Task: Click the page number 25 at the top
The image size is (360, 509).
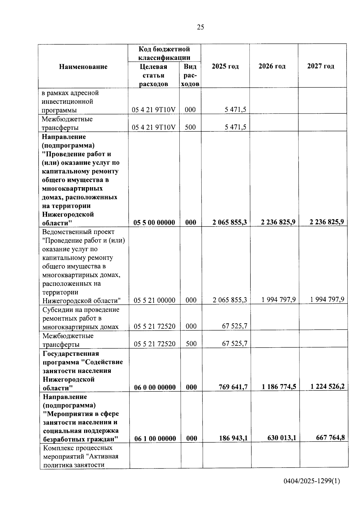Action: click(x=200, y=27)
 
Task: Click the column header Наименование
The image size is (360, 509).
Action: click(x=83, y=67)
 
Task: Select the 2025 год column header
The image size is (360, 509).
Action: click(x=225, y=66)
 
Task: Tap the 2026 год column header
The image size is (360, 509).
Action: click(x=272, y=66)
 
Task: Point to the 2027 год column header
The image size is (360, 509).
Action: click(x=320, y=66)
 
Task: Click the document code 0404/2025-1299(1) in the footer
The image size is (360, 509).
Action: click(x=312, y=481)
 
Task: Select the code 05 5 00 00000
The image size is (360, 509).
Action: click(x=154, y=223)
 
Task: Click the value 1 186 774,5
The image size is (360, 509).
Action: click(x=279, y=387)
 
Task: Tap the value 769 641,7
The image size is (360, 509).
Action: click(x=233, y=387)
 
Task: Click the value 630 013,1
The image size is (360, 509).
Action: click(x=281, y=438)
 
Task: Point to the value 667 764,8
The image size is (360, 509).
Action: click(x=330, y=438)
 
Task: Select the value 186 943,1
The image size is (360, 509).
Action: click(x=233, y=438)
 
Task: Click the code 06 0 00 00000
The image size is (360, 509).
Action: click(x=155, y=388)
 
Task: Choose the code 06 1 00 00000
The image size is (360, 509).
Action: click(x=155, y=439)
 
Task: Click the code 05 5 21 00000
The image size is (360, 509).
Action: click(x=154, y=300)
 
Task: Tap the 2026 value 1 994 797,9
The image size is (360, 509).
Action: click(x=278, y=300)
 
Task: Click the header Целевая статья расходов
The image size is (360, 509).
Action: click(x=153, y=75)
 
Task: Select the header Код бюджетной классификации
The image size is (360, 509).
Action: click(x=164, y=53)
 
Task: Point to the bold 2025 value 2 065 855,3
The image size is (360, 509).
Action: click(x=229, y=222)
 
